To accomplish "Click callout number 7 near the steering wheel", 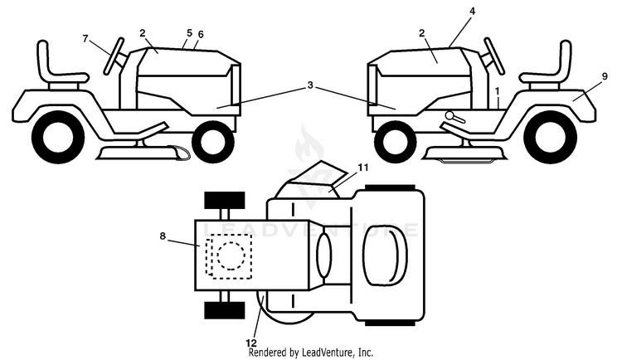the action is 85,38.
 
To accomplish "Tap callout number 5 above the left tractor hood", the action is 189,32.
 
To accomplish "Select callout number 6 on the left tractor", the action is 201,35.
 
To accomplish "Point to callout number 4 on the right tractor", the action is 472,11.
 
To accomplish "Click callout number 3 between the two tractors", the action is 310,85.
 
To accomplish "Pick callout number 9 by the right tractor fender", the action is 605,76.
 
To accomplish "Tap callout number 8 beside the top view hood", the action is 163,236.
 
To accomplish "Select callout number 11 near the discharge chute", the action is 362,168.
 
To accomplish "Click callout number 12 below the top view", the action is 251,343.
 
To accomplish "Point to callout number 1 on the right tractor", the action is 497,91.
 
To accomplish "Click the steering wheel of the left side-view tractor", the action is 114,56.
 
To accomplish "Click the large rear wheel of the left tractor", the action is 58,137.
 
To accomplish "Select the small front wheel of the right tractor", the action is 395,142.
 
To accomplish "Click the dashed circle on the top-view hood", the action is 231,255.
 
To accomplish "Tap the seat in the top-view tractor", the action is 386,255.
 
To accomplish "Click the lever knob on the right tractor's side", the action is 450,115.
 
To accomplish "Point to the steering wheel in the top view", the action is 323,255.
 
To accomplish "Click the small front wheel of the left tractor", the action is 213,142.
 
